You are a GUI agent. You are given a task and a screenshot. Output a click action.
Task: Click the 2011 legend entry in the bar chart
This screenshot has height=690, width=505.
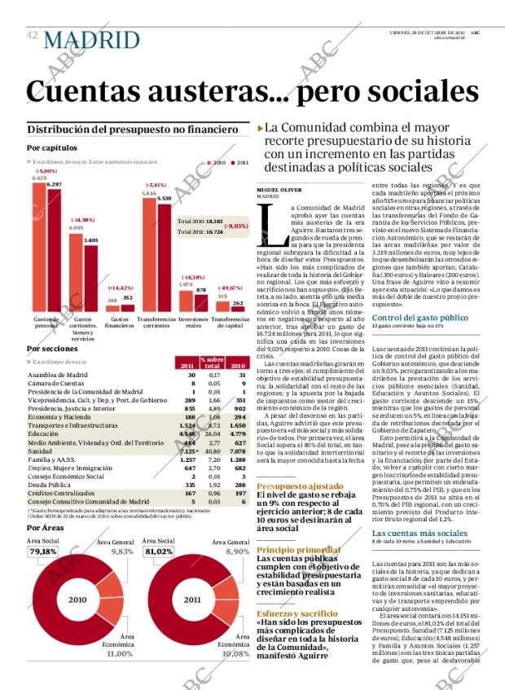[x=239, y=163]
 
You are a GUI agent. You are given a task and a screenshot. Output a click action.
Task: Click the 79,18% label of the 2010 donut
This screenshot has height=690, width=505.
[x=43, y=551]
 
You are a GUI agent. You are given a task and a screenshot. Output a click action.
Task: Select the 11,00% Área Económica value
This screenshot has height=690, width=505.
[x=119, y=653]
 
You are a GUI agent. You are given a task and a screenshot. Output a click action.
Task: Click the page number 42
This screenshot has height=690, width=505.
[x=33, y=35]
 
